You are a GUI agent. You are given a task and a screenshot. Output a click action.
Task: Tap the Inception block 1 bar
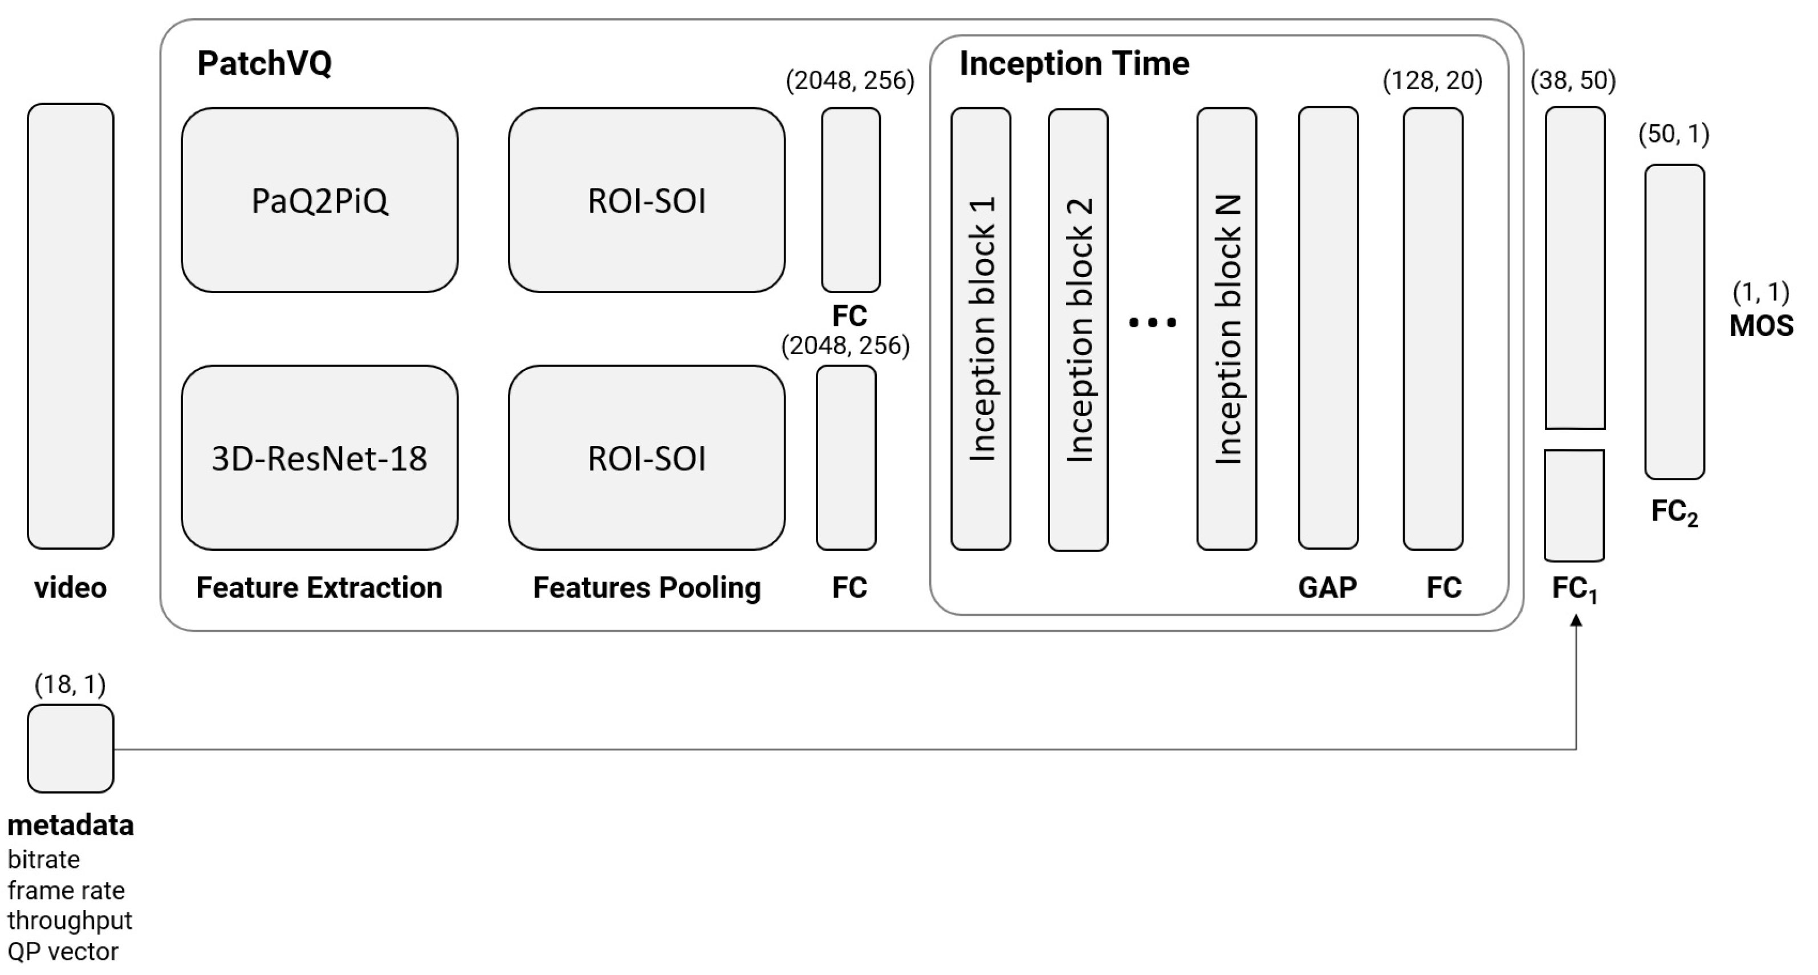pos(981,328)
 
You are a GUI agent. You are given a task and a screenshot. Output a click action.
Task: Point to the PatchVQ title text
pos(264,63)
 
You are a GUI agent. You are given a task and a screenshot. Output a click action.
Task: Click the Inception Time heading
pos(1074,63)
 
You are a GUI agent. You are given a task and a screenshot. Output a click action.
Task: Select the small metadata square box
pos(71,749)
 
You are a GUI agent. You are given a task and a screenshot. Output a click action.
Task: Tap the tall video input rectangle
pos(71,326)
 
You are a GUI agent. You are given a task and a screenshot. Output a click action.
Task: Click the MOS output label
pos(1761,326)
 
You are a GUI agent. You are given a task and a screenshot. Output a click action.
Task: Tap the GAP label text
pos(1327,587)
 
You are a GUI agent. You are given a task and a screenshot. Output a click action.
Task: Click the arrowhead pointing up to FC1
pos(1576,620)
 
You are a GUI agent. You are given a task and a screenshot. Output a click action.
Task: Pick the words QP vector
pos(63,952)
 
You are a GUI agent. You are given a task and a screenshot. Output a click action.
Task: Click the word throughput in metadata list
pos(70,921)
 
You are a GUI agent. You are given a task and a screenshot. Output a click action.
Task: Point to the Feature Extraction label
pos(319,587)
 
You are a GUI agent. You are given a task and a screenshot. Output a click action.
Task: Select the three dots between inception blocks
pos(1153,323)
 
